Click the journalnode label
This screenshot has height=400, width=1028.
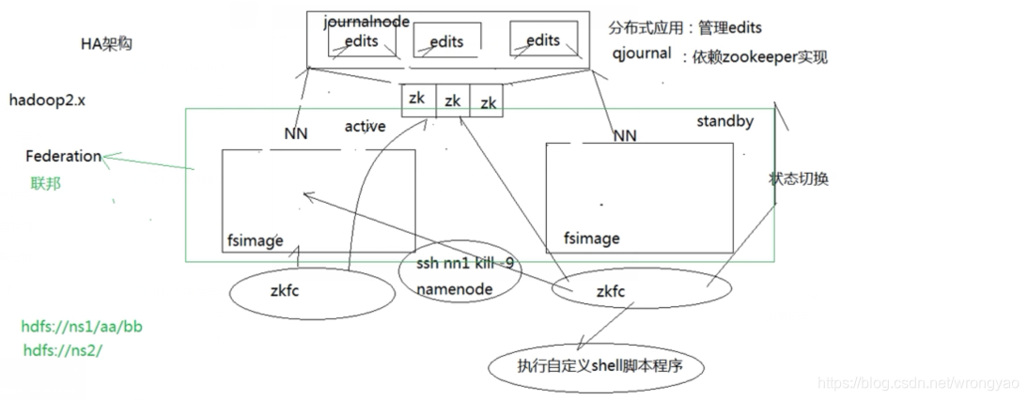point(366,22)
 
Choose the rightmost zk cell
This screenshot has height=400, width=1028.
point(488,102)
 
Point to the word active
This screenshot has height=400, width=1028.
point(365,126)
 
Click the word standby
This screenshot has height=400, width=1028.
point(724,121)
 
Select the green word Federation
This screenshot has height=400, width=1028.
point(63,156)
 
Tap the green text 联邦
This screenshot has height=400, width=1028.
point(45,183)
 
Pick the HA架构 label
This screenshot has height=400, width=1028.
point(106,44)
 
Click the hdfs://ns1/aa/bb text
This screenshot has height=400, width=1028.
point(82,328)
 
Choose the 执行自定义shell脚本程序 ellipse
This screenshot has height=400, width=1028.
point(597,367)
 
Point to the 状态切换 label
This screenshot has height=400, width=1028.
point(799,179)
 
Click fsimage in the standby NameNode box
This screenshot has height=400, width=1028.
point(591,238)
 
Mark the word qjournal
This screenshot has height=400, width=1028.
point(641,54)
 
